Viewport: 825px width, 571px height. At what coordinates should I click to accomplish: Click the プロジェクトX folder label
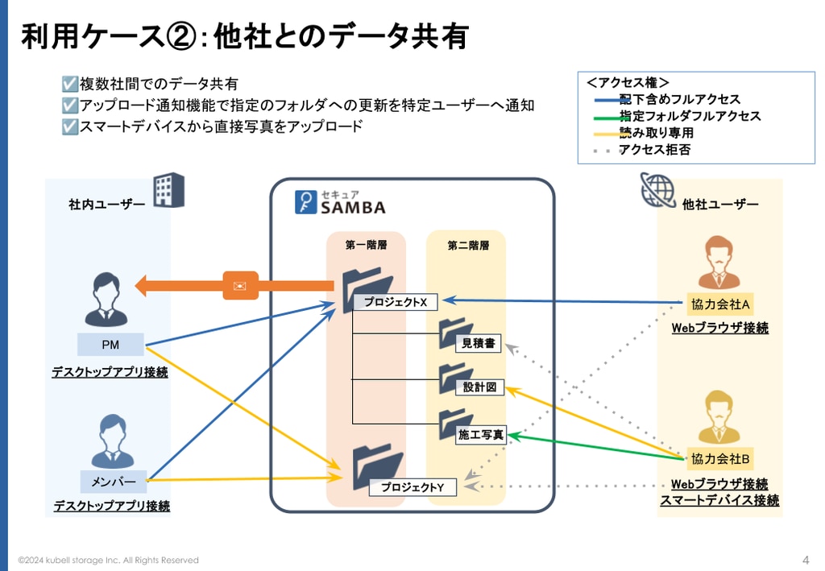pos(396,302)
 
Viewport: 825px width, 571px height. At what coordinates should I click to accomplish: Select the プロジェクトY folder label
pos(412,487)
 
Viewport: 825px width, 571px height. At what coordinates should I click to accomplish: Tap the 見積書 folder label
pos(479,343)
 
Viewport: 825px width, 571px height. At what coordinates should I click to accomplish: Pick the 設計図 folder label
pos(479,387)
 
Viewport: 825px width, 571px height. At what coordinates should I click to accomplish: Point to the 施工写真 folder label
pos(481,435)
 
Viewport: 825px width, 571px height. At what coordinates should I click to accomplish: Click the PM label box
pos(110,345)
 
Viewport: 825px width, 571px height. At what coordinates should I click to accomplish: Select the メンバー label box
pos(114,482)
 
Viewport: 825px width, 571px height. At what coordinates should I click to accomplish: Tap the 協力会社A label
pos(720,304)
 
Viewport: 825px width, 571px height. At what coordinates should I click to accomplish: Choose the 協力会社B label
pos(720,459)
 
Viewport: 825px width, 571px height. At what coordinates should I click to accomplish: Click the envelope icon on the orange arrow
pos(240,285)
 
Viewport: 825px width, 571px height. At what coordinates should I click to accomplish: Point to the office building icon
pos(169,190)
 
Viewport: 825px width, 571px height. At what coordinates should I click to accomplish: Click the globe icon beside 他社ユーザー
pos(657,190)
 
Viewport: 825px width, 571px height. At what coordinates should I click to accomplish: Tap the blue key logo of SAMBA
pos(305,202)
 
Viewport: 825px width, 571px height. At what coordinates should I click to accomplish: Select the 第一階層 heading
pos(367,245)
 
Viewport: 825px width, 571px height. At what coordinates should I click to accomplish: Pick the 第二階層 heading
pos(468,246)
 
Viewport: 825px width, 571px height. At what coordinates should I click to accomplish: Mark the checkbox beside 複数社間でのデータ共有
pos(69,84)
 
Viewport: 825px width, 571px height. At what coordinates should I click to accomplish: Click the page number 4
pos(806,560)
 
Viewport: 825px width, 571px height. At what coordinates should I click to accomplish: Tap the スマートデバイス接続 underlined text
pos(719,500)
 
